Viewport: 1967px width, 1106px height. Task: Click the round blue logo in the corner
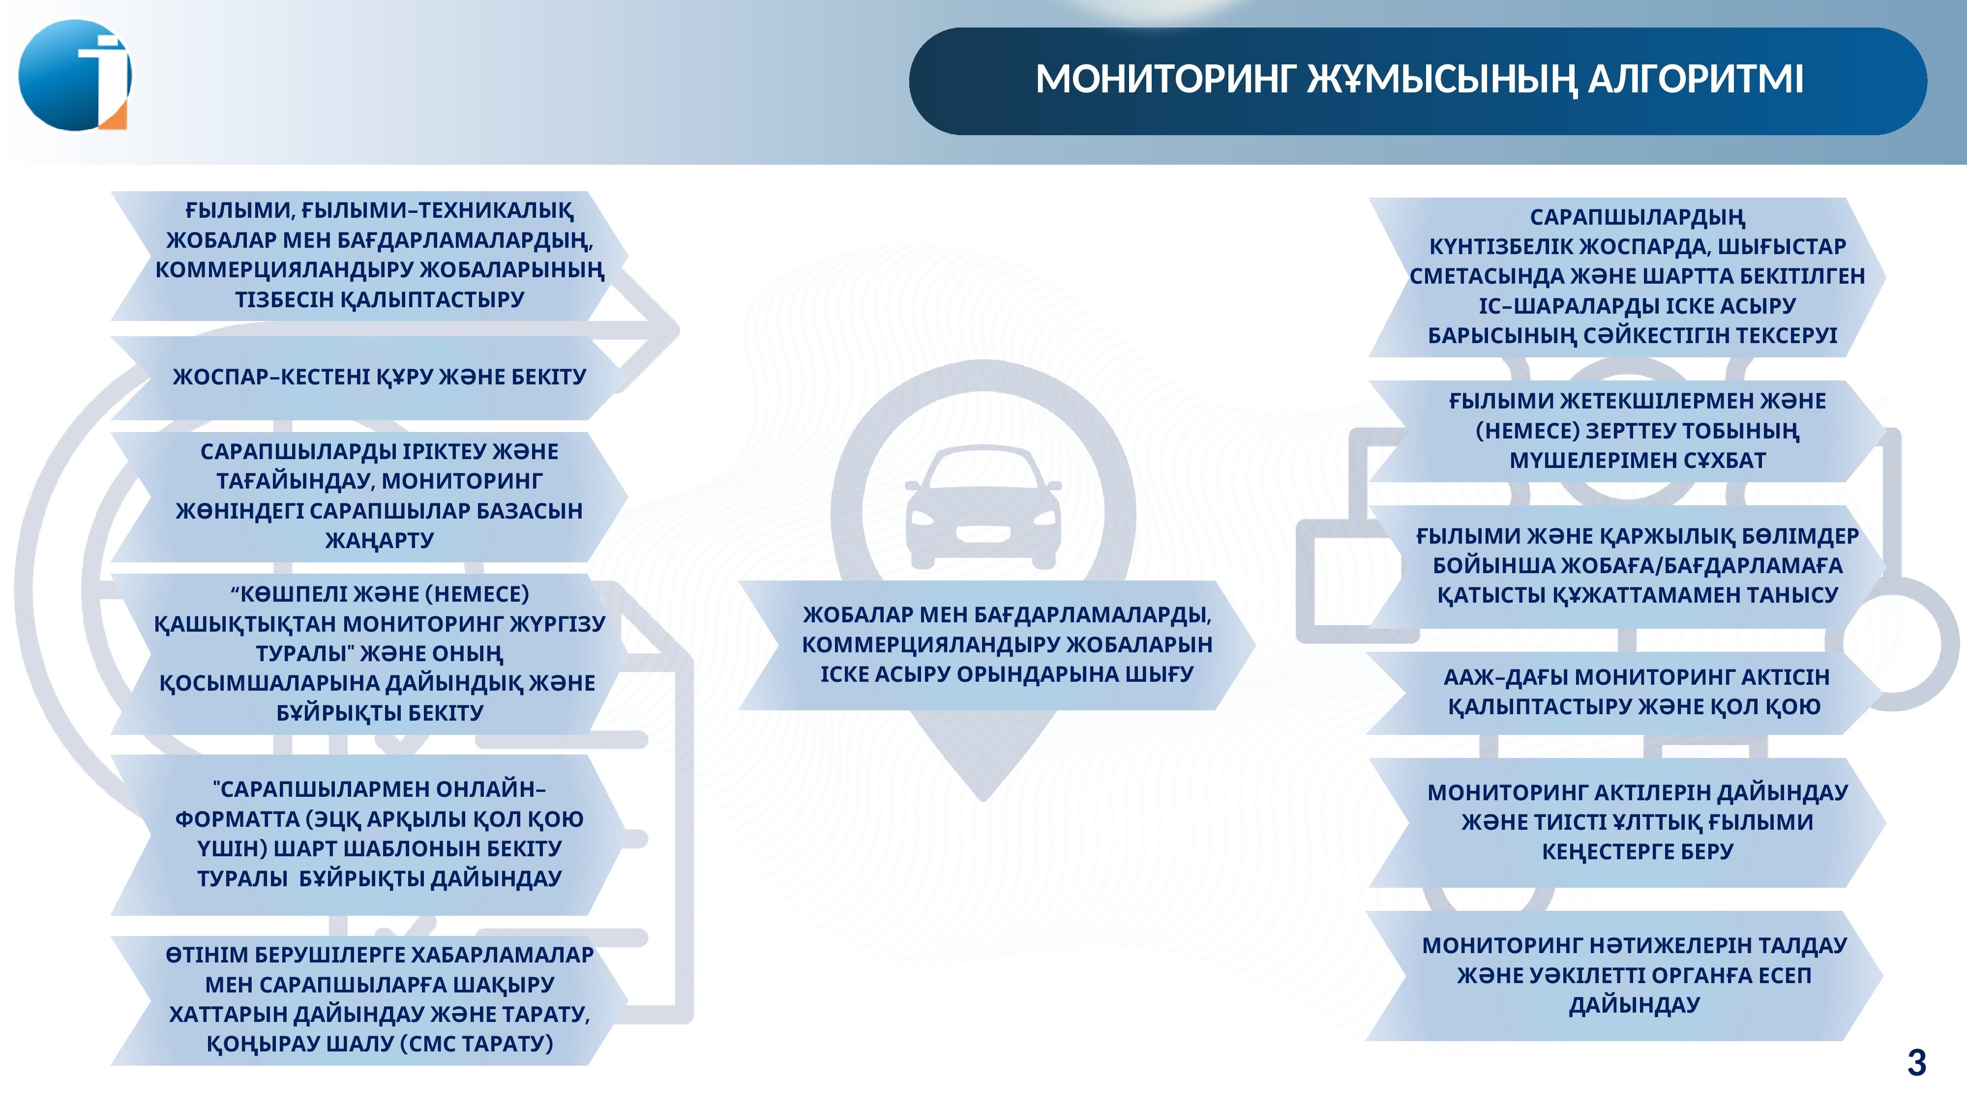pos(75,75)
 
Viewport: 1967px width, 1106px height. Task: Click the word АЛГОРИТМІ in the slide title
pos(1696,79)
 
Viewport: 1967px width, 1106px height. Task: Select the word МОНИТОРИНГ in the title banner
pos(1166,79)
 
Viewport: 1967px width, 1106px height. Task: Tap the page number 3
pos(1917,1062)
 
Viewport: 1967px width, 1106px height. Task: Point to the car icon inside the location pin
pos(983,508)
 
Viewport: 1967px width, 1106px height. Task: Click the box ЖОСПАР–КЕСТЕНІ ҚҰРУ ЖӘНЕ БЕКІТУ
pos(370,377)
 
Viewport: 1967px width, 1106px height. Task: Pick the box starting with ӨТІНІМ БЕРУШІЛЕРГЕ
pos(370,1000)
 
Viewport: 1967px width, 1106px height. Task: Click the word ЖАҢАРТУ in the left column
pos(380,540)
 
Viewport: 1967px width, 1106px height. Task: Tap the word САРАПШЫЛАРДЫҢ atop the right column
pos(1637,218)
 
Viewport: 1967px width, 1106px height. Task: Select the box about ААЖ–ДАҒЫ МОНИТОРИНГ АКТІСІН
pos(1625,692)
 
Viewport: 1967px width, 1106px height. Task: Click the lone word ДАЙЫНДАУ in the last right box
pos(1634,1006)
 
